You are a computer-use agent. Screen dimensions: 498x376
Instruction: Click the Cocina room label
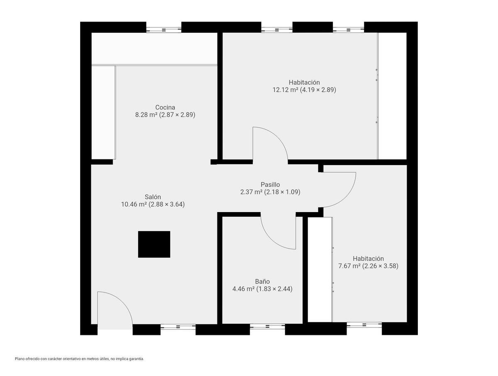click(x=165, y=107)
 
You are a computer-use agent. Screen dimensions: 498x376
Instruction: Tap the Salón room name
click(x=153, y=197)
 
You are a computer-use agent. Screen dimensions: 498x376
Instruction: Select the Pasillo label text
click(x=270, y=184)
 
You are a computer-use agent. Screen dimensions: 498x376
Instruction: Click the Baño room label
click(x=262, y=281)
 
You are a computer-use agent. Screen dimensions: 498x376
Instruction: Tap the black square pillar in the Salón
click(x=154, y=244)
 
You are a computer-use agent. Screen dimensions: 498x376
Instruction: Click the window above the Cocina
click(x=164, y=30)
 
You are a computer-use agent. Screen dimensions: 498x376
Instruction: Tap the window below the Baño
click(x=267, y=327)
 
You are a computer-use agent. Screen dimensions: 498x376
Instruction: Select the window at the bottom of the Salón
click(x=178, y=327)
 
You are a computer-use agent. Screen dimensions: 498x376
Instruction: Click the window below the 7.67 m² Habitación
click(x=364, y=325)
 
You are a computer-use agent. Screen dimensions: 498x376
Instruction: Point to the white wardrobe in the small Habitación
click(x=320, y=269)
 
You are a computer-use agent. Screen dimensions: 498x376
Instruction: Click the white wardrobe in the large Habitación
click(x=392, y=96)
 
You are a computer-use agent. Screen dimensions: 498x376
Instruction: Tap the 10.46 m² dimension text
click(x=153, y=204)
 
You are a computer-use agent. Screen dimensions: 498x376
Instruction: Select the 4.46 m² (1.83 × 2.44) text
click(x=262, y=289)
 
